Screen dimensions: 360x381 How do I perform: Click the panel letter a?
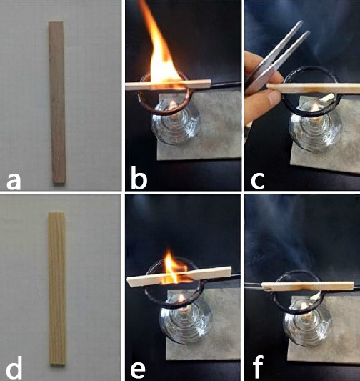coord(14,182)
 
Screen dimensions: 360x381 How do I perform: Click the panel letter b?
coord(139,178)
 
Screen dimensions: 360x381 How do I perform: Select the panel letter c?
coord(258,182)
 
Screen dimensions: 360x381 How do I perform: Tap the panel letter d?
coord(14,368)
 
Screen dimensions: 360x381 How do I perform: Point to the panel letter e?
coord(138,372)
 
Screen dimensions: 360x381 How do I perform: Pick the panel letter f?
coord(258,368)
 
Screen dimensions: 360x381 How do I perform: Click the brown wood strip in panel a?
coord(57,102)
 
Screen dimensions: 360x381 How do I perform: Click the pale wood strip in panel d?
coord(57,289)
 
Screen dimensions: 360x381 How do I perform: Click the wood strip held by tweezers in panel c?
coord(313,88)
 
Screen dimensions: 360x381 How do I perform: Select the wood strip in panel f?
coord(308,286)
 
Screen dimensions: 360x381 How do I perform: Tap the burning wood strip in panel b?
coord(168,85)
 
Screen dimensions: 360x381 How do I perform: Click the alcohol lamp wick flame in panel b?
coord(173,105)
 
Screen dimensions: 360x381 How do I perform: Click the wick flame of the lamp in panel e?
coord(181,297)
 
